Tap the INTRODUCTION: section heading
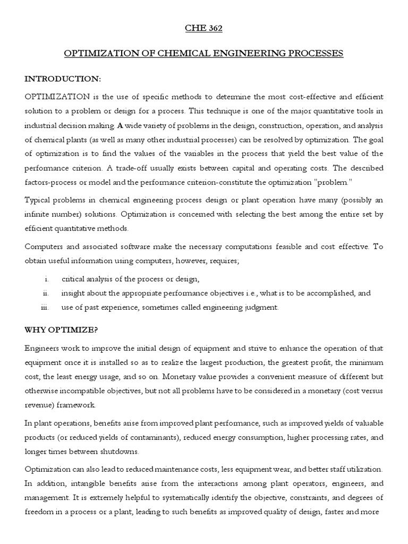(x=63, y=79)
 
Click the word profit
(x=289, y=362)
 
